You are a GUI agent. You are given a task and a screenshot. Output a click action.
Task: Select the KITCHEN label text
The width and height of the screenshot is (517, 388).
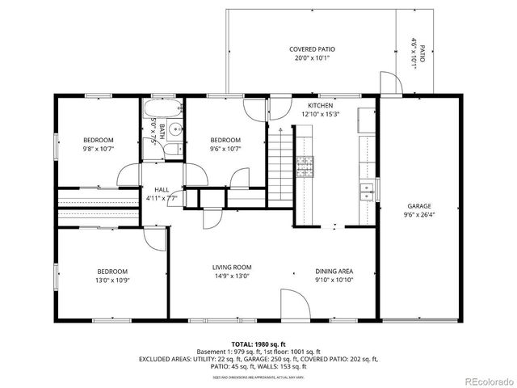coord(320,106)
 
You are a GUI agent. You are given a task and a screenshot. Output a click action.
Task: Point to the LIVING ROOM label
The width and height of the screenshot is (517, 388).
coord(232,268)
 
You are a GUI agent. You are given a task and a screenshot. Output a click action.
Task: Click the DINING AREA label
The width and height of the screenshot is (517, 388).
coord(334,272)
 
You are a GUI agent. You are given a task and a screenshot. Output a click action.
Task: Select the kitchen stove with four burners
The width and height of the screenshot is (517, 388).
coord(305,167)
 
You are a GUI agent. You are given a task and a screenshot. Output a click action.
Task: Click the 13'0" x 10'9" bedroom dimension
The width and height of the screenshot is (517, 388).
coord(111,280)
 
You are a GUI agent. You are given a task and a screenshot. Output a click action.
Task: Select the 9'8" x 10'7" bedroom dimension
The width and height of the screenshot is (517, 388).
coord(99,149)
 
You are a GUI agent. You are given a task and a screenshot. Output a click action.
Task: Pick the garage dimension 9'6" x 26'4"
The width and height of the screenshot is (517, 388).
coord(418,215)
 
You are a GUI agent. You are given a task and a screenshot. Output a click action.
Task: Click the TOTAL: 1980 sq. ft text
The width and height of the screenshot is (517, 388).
coord(258,344)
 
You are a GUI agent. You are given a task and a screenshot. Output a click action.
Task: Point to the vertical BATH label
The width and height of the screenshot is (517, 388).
coord(162,132)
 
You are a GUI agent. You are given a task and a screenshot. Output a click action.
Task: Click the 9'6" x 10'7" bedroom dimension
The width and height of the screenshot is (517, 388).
coord(225,149)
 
